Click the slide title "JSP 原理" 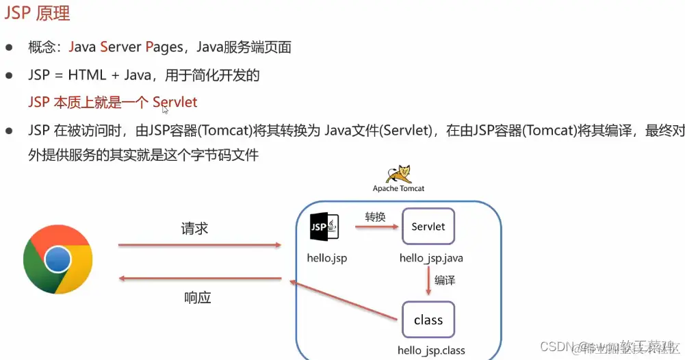click(x=38, y=13)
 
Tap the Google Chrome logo click(x=57, y=259)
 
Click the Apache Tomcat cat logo click(x=398, y=174)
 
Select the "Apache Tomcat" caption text click(x=398, y=188)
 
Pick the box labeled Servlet click(x=428, y=227)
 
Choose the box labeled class click(x=428, y=320)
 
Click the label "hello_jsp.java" click(x=431, y=258)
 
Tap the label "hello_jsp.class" click(x=431, y=350)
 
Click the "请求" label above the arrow click(x=194, y=229)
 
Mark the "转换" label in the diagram click(x=375, y=217)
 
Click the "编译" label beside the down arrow click(x=445, y=280)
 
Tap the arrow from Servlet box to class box click(x=428, y=280)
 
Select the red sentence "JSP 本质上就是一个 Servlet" click(x=113, y=103)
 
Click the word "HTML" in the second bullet click(x=87, y=75)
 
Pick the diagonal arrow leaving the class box click(x=342, y=299)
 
